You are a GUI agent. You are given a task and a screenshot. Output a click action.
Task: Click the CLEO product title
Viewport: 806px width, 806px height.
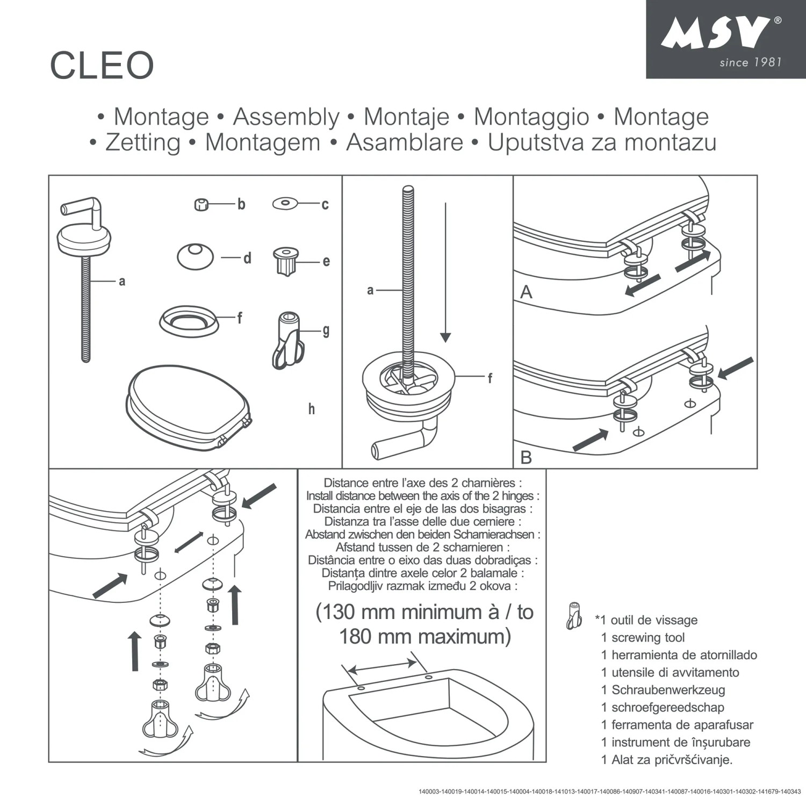(x=102, y=66)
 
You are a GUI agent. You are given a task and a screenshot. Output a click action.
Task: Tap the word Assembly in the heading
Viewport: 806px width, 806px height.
(x=286, y=117)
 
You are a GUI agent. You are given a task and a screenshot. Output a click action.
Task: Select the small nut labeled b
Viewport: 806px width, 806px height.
(x=201, y=204)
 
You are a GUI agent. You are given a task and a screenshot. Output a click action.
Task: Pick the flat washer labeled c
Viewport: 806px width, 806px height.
(x=285, y=204)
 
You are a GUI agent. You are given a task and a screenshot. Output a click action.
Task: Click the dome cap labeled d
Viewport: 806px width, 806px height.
(x=195, y=256)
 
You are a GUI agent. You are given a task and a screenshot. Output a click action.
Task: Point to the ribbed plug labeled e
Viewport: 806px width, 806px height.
(x=285, y=261)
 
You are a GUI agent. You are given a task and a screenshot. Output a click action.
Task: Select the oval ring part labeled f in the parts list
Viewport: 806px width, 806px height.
(x=189, y=321)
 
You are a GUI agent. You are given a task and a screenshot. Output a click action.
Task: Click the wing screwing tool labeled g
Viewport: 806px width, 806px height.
(x=288, y=340)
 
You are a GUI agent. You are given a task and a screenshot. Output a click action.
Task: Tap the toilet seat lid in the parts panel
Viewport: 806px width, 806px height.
(x=188, y=406)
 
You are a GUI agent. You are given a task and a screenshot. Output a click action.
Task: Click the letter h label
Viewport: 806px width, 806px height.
(x=311, y=409)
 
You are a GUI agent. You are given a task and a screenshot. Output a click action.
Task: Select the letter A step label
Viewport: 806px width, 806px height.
(x=526, y=292)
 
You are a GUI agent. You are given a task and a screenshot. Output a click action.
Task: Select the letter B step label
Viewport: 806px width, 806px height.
(x=526, y=457)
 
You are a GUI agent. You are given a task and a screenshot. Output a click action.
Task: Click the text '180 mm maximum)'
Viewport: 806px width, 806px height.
(x=424, y=637)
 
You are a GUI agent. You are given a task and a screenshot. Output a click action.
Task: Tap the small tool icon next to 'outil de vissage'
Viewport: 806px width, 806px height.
(x=574, y=616)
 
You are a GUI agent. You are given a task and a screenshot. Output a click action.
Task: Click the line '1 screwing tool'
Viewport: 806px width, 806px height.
(x=643, y=638)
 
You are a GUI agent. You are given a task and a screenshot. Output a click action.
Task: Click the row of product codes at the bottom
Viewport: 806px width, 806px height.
(x=609, y=791)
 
